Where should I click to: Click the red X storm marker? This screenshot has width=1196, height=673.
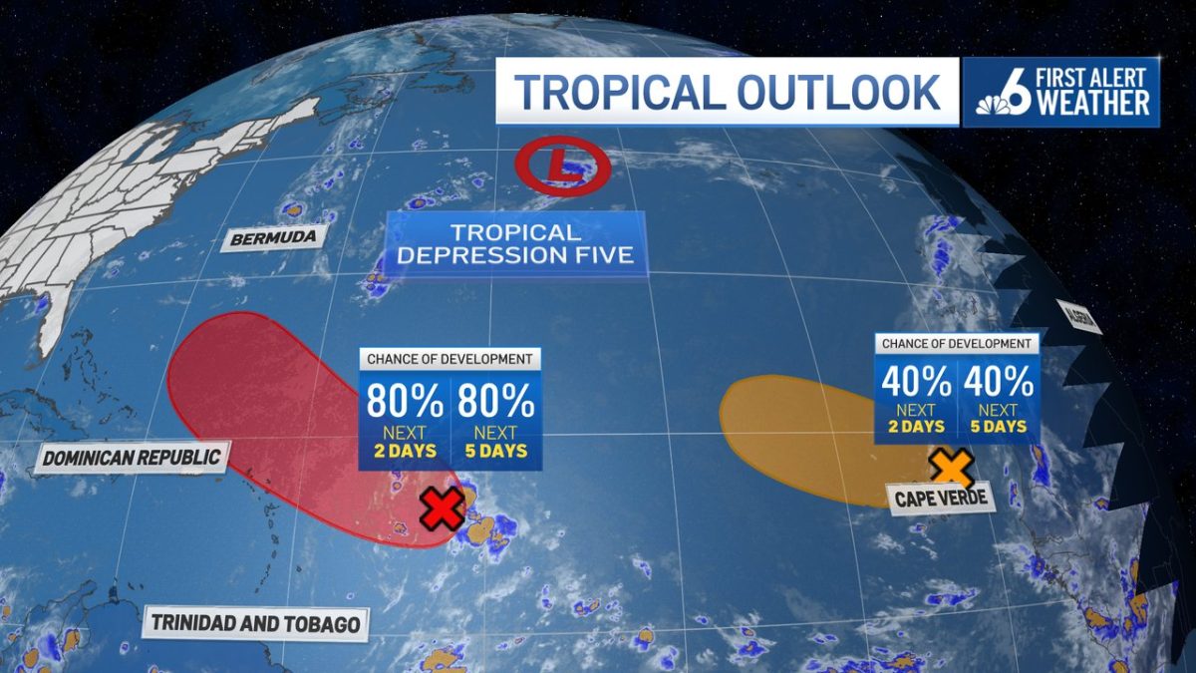coord(442,509)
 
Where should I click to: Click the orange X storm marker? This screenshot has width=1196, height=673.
coord(952,468)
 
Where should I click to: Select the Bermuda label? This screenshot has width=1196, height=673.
coord(265,238)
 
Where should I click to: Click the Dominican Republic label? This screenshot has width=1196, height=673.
coord(132,459)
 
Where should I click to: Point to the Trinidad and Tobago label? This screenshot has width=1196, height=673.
coord(255,624)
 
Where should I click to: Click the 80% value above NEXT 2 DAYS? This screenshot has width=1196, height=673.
coord(405,401)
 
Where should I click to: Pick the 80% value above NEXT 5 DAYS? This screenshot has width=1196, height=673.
coord(496,401)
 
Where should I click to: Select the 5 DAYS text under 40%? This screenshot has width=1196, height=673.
coord(998,427)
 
